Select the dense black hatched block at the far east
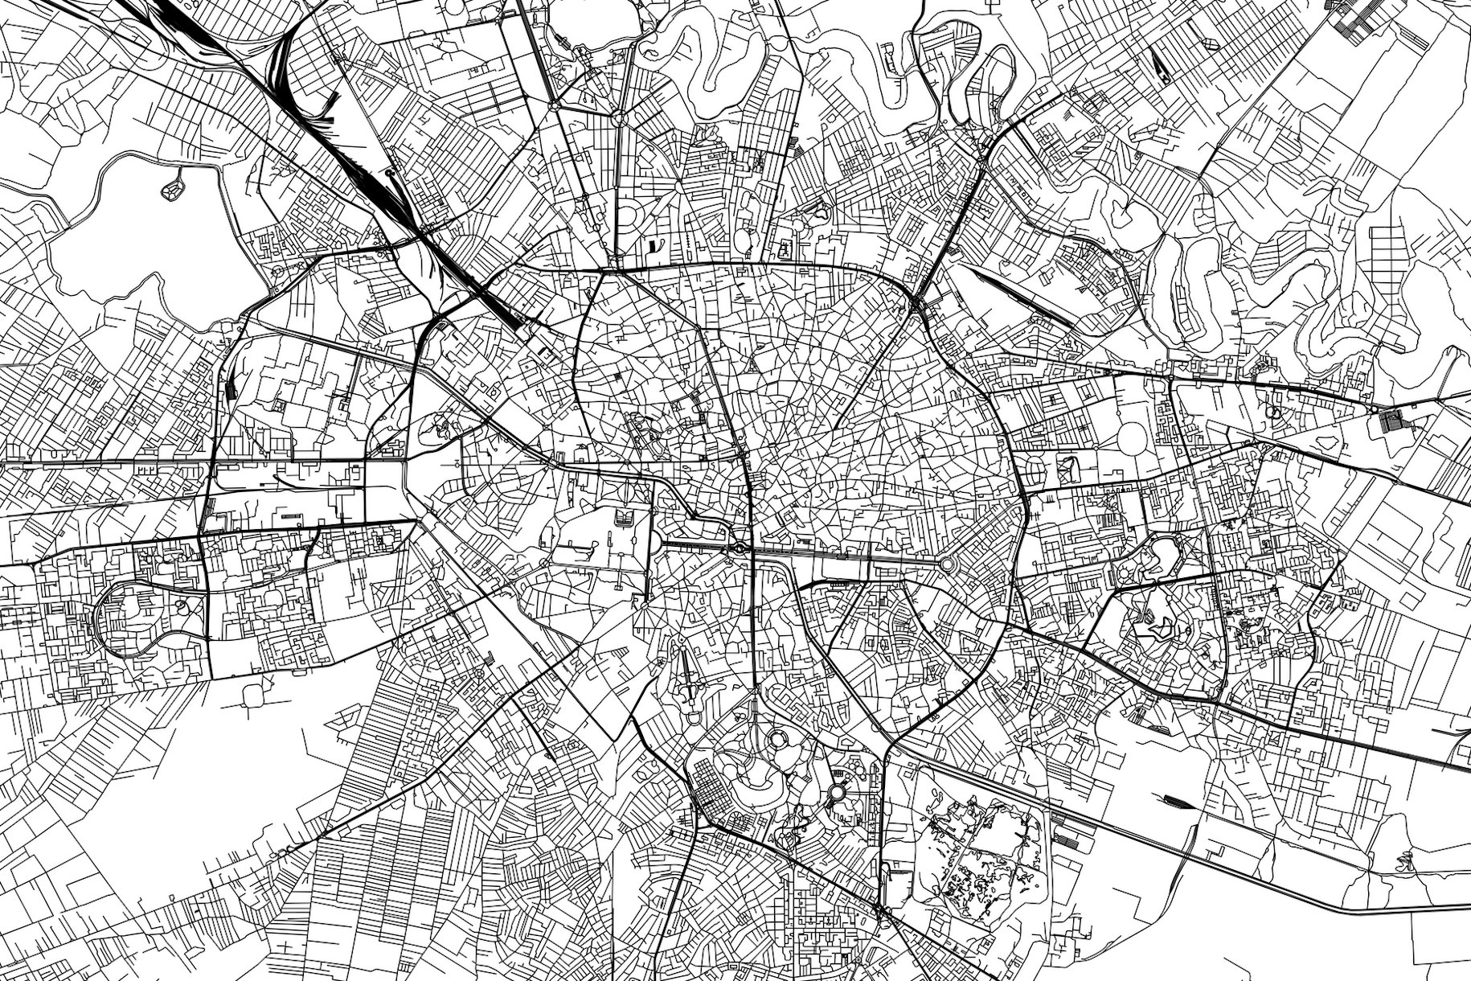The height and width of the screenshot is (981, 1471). tap(1389, 420)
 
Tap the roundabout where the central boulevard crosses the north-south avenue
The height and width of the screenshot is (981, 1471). tap(739, 549)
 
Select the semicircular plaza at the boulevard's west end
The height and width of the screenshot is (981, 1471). tap(653, 545)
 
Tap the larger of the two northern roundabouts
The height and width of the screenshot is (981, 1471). tap(618, 118)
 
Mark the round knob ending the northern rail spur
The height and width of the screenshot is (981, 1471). tap(389, 172)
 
